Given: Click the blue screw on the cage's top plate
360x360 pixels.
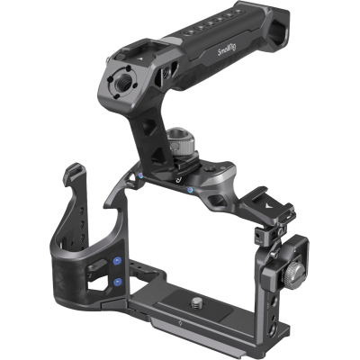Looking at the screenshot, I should click(193, 191).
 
